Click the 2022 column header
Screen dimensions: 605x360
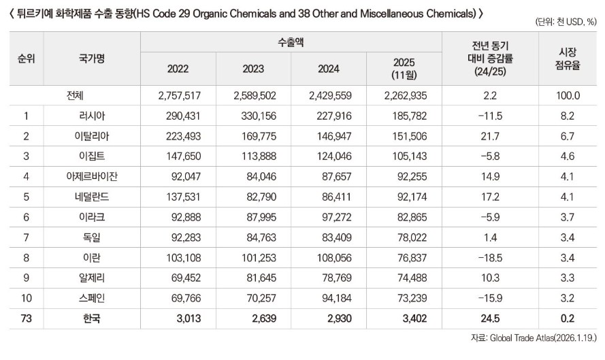point(178,69)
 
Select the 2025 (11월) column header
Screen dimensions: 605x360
point(404,68)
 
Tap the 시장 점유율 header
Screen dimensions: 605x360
point(568,59)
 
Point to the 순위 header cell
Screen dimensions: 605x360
point(27,59)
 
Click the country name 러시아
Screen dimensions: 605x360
point(92,116)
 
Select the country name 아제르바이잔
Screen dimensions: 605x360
point(92,176)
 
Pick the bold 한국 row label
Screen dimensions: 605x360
point(92,318)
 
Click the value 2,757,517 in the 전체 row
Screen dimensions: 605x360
point(180,96)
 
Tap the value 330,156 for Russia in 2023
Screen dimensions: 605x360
point(259,116)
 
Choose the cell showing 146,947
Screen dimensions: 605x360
point(334,136)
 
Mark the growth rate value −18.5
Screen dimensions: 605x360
point(490,258)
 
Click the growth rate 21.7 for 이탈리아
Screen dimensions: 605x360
point(490,136)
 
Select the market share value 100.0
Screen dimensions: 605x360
point(568,96)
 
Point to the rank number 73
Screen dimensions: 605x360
point(27,318)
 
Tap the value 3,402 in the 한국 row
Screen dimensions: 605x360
point(414,318)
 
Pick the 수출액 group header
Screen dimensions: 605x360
point(291,42)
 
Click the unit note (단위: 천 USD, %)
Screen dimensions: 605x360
point(566,22)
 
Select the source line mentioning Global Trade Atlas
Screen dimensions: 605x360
point(534,338)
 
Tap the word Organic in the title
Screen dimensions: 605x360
point(210,14)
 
